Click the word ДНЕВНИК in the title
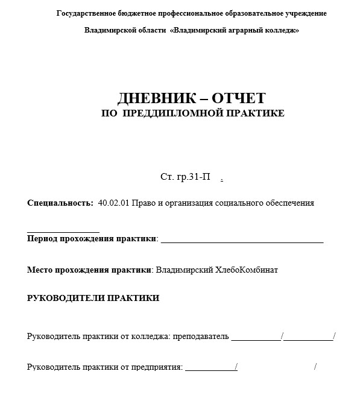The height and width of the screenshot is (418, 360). pyautogui.click(x=150, y=98)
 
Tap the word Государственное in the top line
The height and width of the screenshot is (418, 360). pyautogui.click(x=87, y=13)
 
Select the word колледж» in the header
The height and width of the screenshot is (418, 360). pyautogui.click(x=280, y=30)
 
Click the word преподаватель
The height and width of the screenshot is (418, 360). pyautogui.click(x=201, y=337)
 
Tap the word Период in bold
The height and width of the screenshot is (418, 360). pyautogui.click(x=42, y=238)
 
